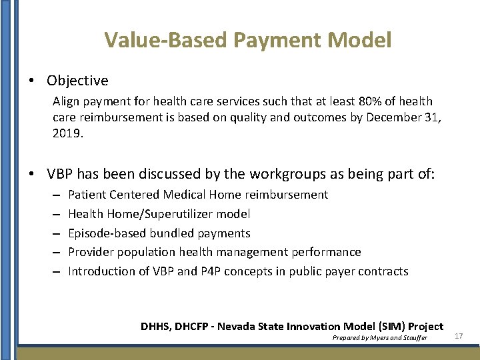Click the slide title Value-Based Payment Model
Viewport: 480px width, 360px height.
point(247,40)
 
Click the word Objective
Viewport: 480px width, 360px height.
point(77,81)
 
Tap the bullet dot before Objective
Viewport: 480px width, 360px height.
point(32,81)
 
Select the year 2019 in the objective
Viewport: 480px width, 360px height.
point(67,133)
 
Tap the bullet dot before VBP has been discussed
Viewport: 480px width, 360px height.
point(32,175)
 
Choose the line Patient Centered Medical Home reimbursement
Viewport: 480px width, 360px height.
point(198,195)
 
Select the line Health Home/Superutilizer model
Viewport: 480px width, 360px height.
point(159,214)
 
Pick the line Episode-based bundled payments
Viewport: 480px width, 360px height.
point(159,233)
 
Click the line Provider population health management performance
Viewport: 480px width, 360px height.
point(215,252)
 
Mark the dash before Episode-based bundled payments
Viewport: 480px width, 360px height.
point(57,233)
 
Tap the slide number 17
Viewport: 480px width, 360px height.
point(459,336)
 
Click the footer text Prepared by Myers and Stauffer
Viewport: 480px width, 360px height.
point(379,338)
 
